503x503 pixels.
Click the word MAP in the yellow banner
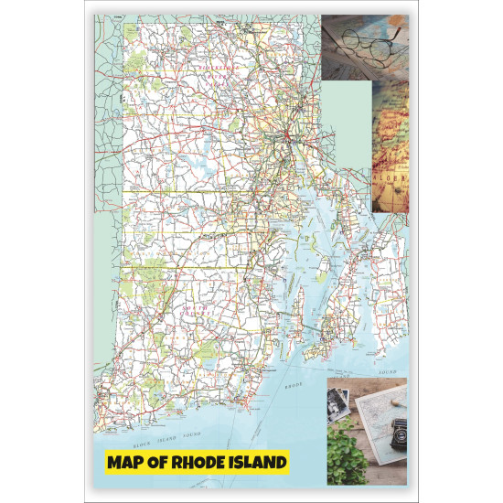tap(128, 463)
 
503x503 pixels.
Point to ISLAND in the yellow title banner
tap(259, 463)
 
